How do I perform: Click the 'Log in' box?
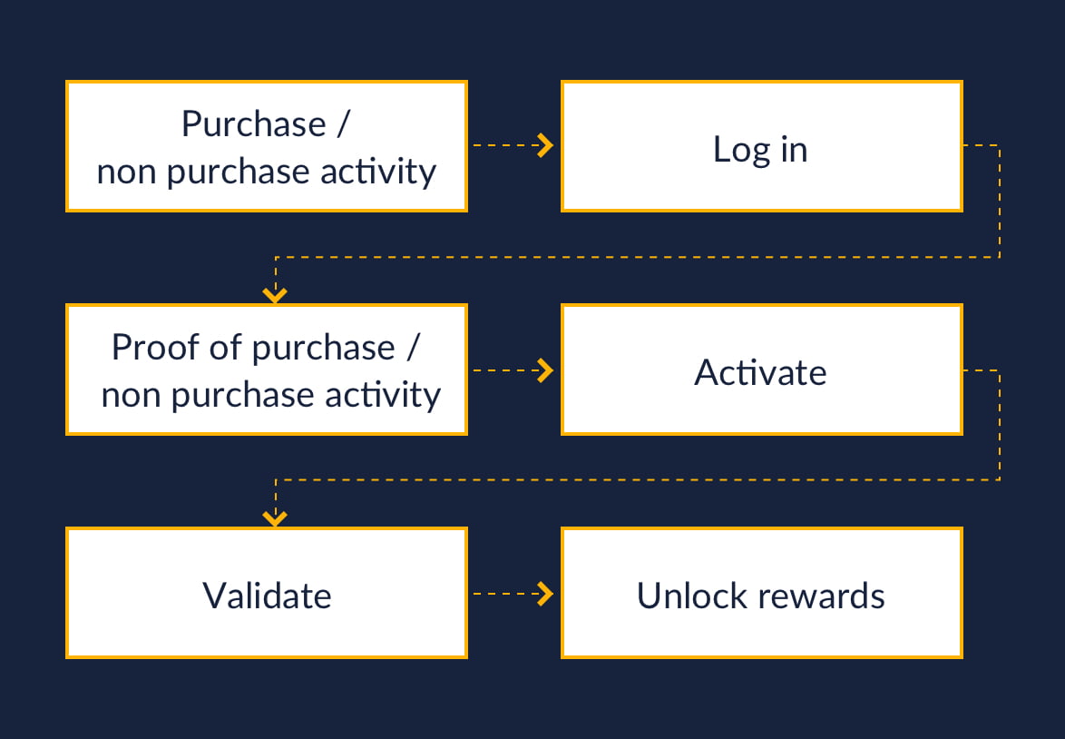coord(761,146)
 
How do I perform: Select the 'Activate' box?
coord(761,369)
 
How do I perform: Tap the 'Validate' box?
coord(267,593)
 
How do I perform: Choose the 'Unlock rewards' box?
coord(761,593)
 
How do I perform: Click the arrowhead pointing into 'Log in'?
coord(545,145)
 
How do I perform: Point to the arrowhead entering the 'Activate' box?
coord(545,369)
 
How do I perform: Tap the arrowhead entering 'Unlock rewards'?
coord(545,594)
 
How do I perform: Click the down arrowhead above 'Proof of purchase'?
coord(275,294)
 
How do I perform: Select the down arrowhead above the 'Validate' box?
coord(275,518)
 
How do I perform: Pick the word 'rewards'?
coord(822,596)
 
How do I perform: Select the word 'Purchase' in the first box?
coord(253,124)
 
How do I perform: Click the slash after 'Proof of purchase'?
coord(413,348)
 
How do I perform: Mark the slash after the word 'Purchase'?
coord(341,124)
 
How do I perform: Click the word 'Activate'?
coord(760,372)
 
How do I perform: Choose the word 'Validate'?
coord(267,596)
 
